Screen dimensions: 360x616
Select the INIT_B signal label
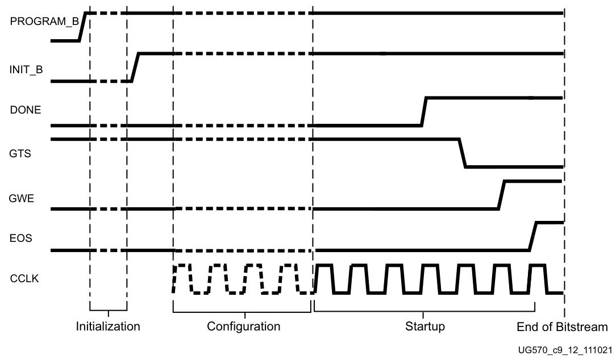(x=26, y=70)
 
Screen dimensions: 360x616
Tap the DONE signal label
(x=26, y=110)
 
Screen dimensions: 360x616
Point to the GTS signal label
(x=20, y=154)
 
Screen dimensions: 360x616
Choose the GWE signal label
(x=21, y=199)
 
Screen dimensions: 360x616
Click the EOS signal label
(x=20, y=238)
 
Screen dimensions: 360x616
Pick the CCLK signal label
(x=24, y=279)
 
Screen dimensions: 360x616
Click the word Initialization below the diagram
(x=108, y=326)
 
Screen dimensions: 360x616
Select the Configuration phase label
(x=243, y=326)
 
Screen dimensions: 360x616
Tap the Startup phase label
(x=424, y=326)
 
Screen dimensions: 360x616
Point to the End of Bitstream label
(x=562, y=327)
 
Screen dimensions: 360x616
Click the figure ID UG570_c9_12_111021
(x=565, y=350)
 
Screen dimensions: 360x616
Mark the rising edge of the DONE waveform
(x=424, y=111)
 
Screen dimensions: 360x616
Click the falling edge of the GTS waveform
(x=462, y=153)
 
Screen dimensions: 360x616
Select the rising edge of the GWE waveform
(x=501, y=195)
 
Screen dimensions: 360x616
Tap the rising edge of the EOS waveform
(x=532, y=236)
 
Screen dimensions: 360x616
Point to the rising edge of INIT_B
(x=135, y=67)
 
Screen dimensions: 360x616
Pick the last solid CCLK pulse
(x=537, y=278)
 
